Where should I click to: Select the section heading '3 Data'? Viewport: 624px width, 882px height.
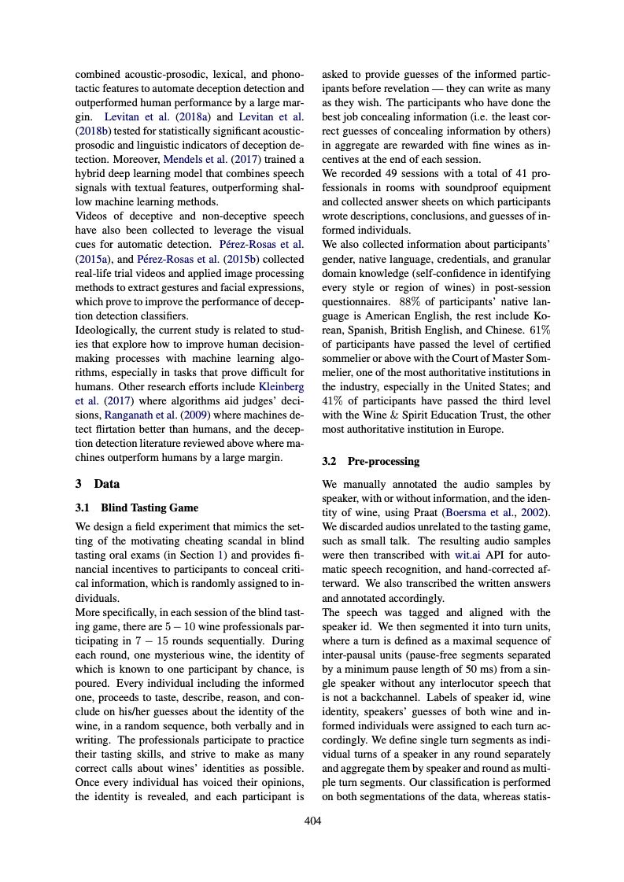pos(97,484)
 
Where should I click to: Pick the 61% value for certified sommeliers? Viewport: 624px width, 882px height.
pos(539,329)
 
